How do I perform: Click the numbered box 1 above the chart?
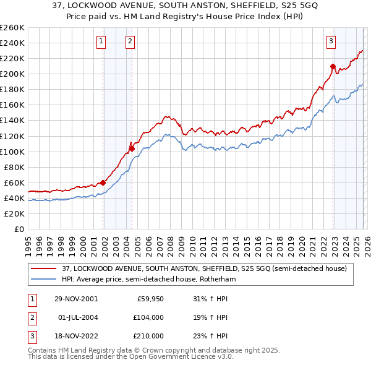pyautogui.click(x=101, y=41)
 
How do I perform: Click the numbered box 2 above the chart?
pyautogui.click(x=130, y=41)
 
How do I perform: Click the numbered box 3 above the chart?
pyautogui.click(x=331, y=41)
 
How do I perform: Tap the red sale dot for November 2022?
pyautogui.click(x=333, y=66)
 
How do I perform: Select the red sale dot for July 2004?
pyautogui.click(x=132, y=148)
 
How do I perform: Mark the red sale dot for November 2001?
pyautogui.click(x=103, y=182)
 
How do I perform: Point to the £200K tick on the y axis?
pyautogui.click(x=13, y=74)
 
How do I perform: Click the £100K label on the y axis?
pyautogui.click(x=13, y=152)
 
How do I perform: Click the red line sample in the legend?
pyautogui.click(x=45, y=268)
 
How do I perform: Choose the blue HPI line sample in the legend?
pyautogui.click(x=45, y=279)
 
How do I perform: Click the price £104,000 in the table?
pyautogui.click(x=148, y=317)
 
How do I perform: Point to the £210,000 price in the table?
pyautogui.click(x=148, y=336)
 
